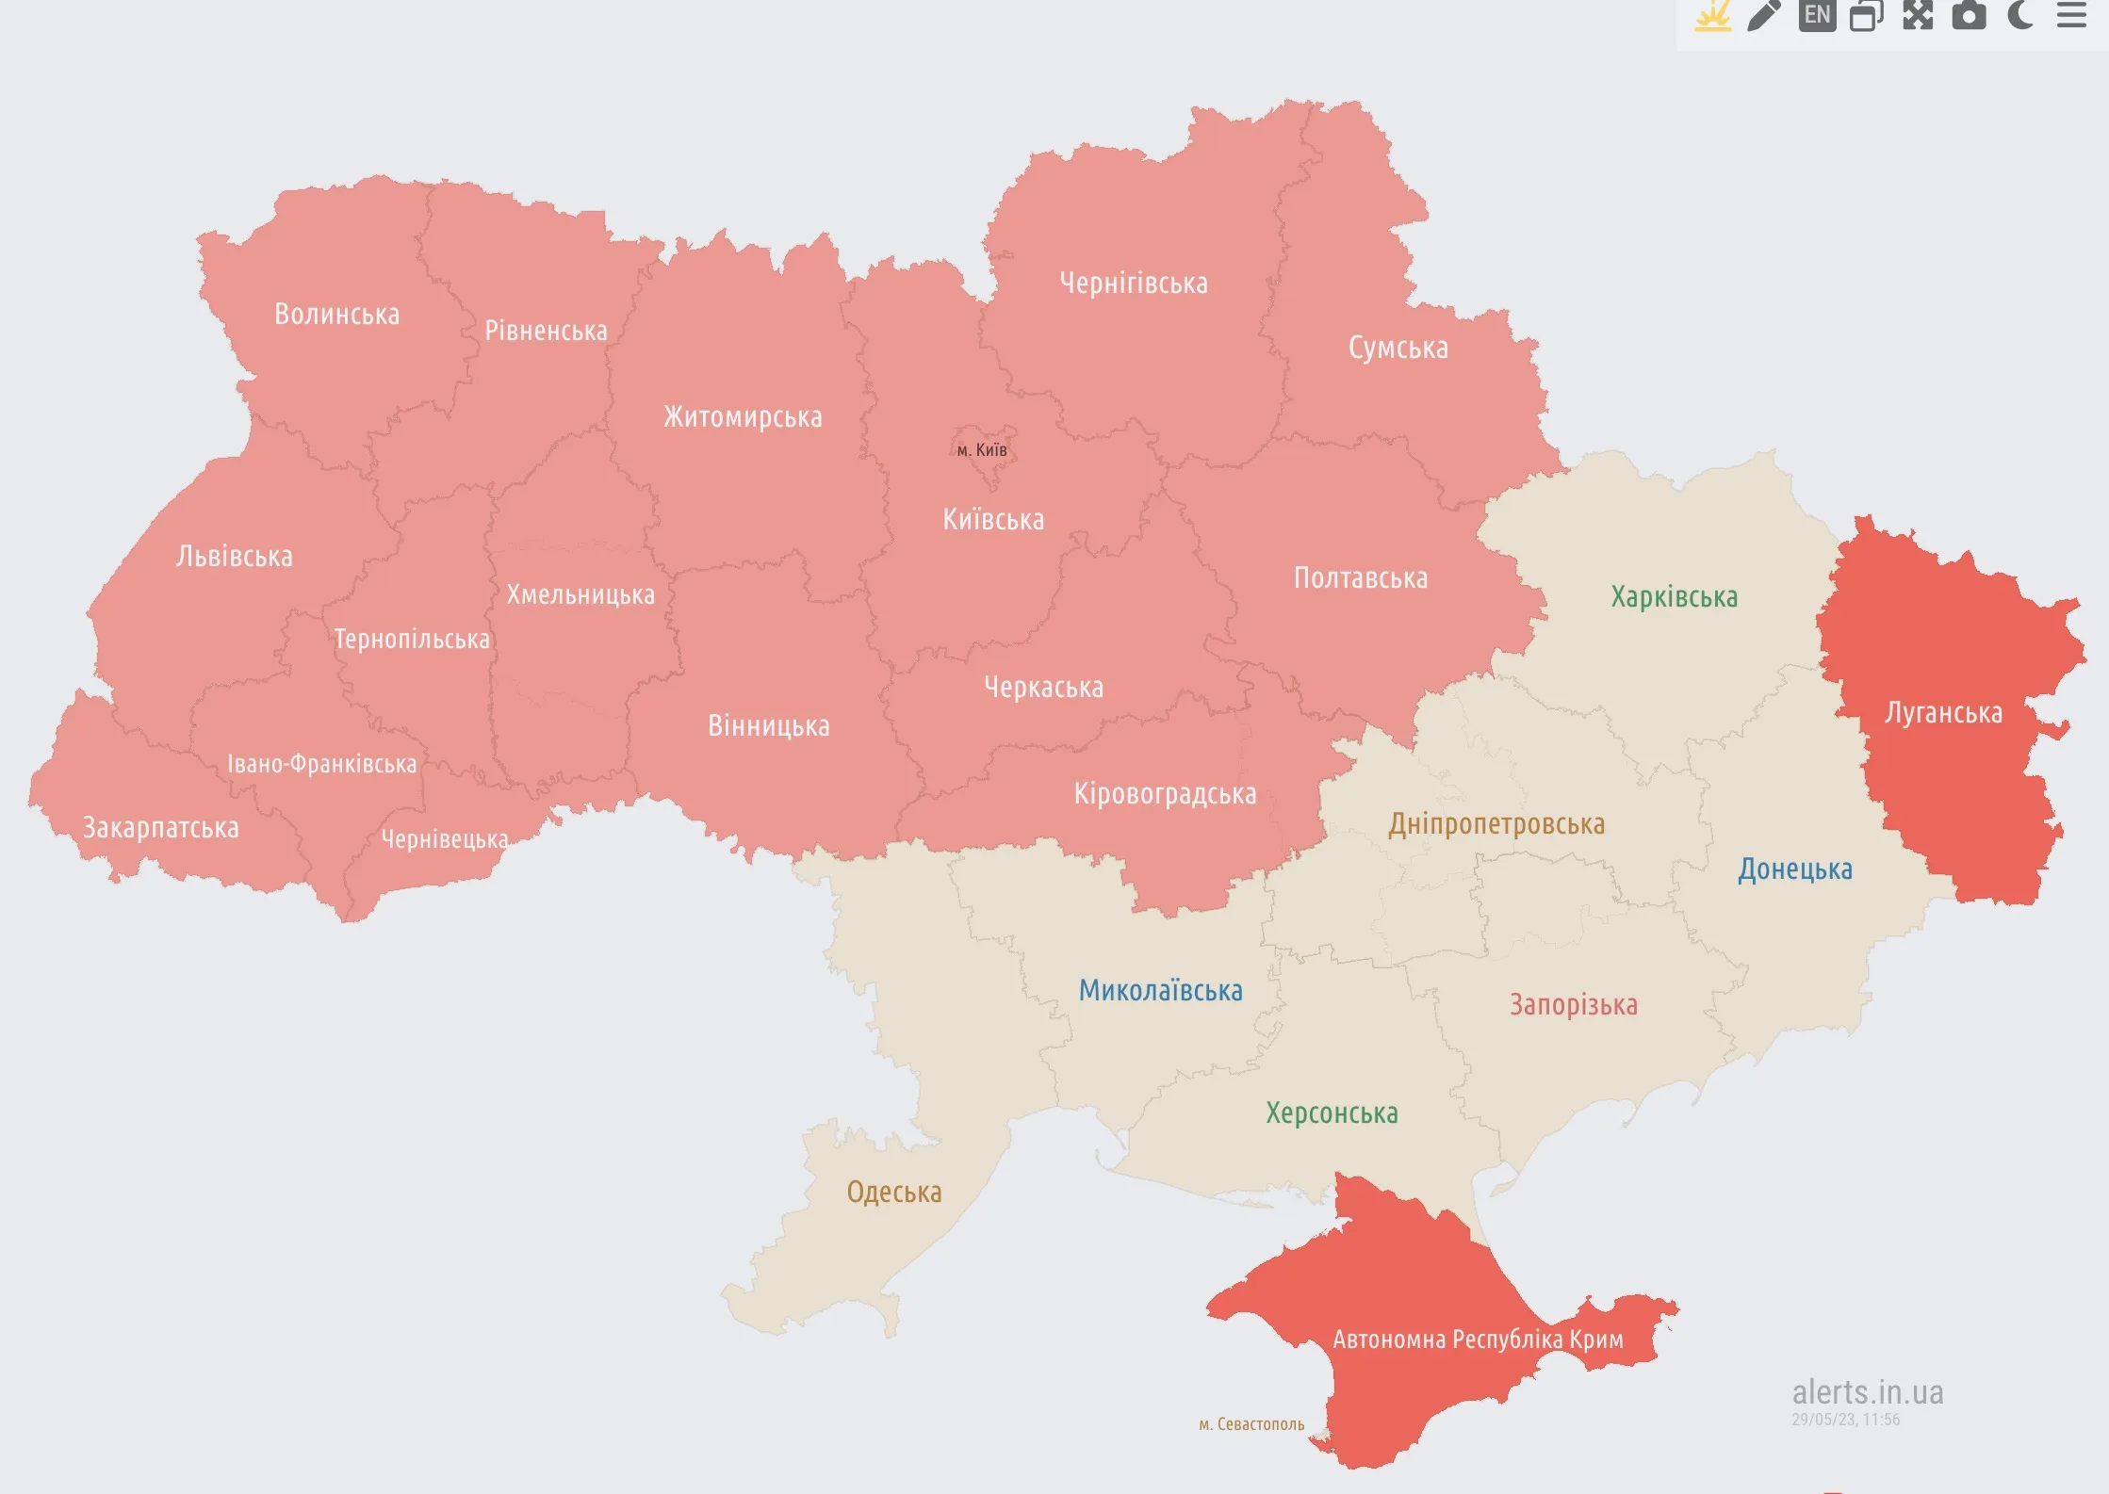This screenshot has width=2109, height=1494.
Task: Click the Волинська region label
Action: coord(336,314)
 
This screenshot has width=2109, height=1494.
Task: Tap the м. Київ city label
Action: coord(982,450)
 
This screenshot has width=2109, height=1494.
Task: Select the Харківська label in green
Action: coord(1674,597)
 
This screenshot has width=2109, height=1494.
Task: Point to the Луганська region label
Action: coord(1943,713)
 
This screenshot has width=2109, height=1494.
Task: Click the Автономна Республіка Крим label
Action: coord(1478,1339)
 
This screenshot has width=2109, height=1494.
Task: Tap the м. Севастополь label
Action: coord(1251,1424)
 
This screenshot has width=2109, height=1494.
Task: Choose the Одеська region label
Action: coord(893,1193)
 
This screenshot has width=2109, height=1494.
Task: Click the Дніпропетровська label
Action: coord(1496,824)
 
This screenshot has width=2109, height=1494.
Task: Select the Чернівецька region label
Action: coord(445,838)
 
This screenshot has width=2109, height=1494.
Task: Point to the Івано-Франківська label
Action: coord(321,764)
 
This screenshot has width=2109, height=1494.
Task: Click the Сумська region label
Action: coord(1398,348)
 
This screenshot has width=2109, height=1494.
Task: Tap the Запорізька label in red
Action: coord(1573,1005)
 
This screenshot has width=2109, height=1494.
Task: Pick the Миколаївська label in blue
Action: coord(1160,991)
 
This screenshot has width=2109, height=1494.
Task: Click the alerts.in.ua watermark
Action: coord(1867,1391)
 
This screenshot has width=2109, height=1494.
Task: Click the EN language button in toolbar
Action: coord(1817,14)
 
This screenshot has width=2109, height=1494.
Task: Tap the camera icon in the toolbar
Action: coord(1969,14)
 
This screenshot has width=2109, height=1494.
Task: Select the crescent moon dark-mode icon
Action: coord(2019,14)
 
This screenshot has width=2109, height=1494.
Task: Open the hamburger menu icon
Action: coord(2070,14)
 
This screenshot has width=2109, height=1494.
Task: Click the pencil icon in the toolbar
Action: coord(1764,14)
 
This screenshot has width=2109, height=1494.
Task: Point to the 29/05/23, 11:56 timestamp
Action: coord(1845,1420)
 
